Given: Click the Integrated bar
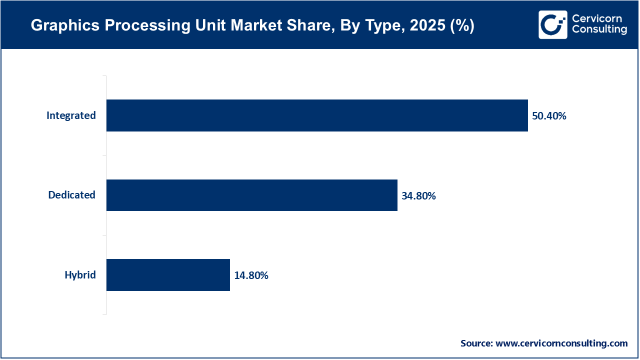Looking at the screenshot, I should tap(317, 115).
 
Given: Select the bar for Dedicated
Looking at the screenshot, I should tap(251, 195).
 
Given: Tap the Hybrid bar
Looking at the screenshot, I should tap(168, 275).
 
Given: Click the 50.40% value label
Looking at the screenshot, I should tap(549, 116).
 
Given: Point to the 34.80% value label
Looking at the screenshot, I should tap(418, 196).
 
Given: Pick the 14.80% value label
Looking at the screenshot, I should tap(251, 275).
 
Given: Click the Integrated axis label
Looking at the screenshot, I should tap(71, 115).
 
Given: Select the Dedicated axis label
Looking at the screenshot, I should tap(71, 195).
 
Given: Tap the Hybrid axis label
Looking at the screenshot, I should tap(80, 275).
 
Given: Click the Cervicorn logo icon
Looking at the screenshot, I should tap(552, 24).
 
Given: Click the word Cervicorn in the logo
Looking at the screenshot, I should tap(597, 18).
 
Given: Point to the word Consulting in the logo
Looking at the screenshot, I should tap(599, 30).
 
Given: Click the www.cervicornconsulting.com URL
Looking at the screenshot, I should tap(561, 343).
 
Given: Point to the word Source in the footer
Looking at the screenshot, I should tap(476, 343).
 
